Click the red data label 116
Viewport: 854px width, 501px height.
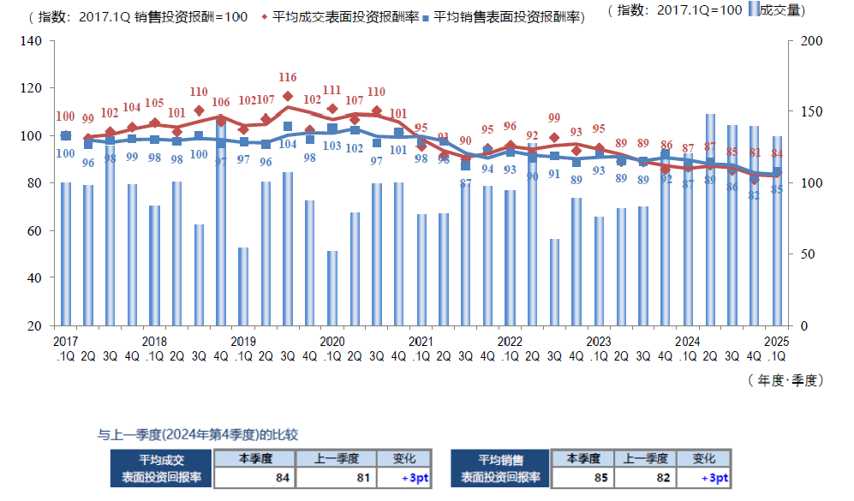click(x=288, y=78)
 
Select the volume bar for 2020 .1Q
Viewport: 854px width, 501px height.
click(x=332, y=288)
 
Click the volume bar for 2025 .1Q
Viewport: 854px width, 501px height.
click(x=777, y=230)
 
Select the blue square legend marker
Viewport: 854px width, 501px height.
click(x=427, y=16)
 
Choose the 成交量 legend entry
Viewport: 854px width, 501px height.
click(x=779, y=9)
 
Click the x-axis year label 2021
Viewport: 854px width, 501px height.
click(x=421, y=341)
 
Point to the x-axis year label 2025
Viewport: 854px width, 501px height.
click(x=776, y=341)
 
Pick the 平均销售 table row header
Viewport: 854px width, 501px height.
click(x=501, y=461)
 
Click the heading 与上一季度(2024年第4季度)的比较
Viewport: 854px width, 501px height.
click(x=198, y=435)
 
